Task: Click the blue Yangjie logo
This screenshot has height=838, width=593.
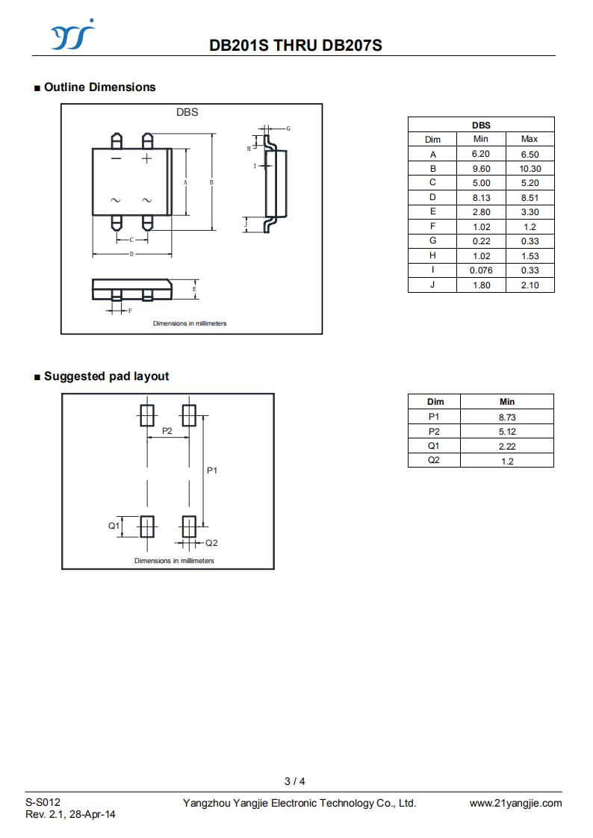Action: [72, 35]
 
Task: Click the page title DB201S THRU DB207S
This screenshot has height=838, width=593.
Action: [296, 46]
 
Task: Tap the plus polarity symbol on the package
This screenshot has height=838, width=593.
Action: [146, 158]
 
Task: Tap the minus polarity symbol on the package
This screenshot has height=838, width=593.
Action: [116, 158]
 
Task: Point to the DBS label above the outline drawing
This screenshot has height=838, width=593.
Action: [187, 112]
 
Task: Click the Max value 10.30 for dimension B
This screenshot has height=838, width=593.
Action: [530, 169]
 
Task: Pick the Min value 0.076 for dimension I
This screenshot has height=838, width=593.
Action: [481, 270]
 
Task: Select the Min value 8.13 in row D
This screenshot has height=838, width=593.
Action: [481, 198]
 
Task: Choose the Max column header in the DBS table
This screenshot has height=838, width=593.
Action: [530, 139]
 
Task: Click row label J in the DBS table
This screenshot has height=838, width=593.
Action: [432, 285]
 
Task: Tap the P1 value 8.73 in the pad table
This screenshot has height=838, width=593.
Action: [507, 418]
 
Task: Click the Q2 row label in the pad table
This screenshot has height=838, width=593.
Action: [434, 460]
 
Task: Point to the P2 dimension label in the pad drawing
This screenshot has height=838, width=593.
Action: [167, 431]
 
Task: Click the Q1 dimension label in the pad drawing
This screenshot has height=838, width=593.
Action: [114, 526]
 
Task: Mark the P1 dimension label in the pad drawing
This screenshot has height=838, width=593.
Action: [212, 471]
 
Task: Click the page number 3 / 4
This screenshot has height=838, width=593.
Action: [295, 781]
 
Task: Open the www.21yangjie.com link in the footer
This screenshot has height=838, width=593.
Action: [515, 803]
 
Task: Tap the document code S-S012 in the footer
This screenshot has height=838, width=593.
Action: [43, 802]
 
